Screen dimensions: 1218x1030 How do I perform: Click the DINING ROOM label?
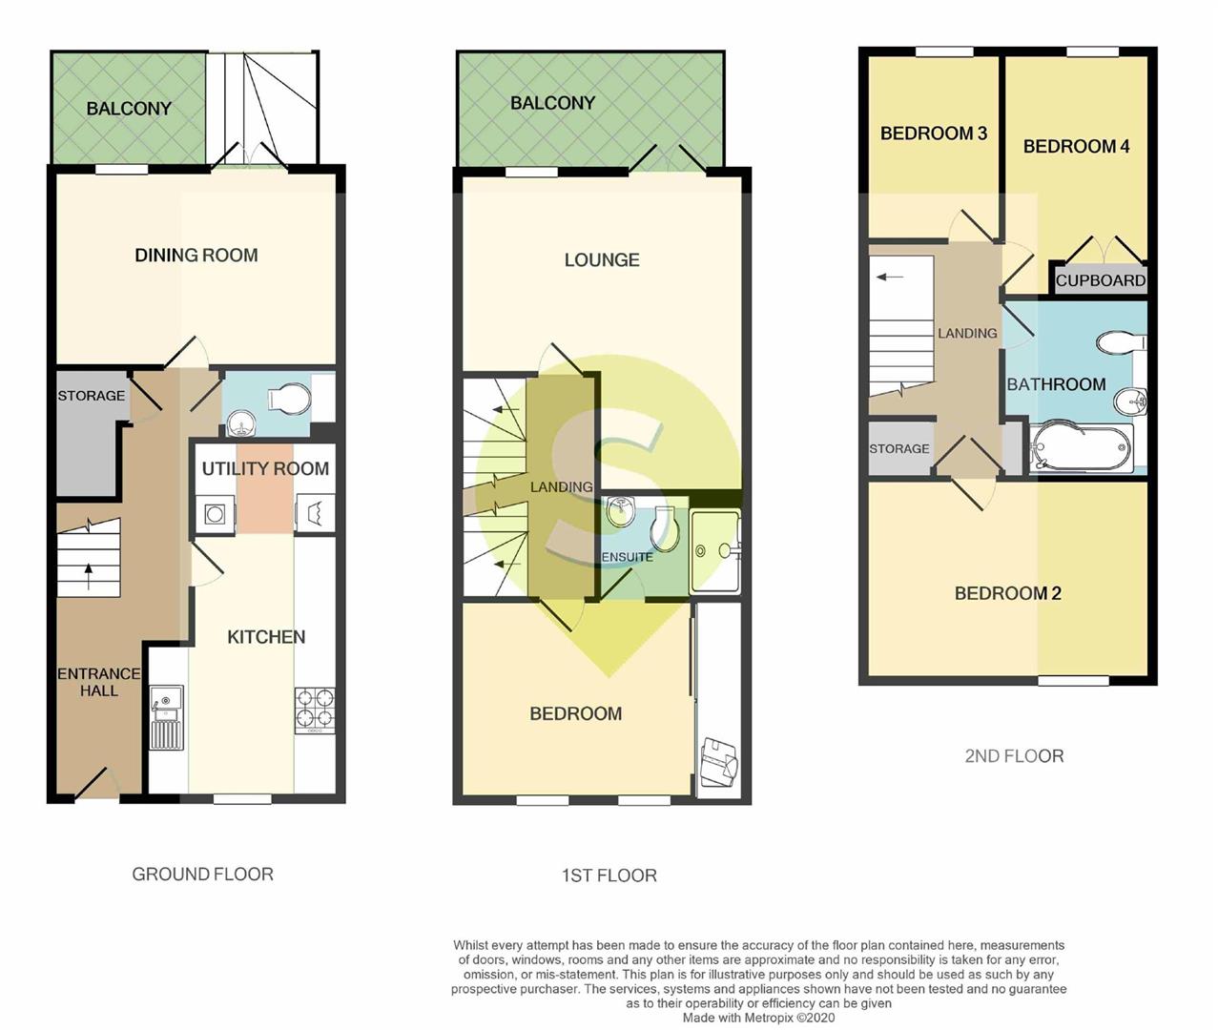pyautogui.click(x=196, y=256)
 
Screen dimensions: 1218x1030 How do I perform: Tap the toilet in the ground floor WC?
pyautogui.click(x=290, y=399)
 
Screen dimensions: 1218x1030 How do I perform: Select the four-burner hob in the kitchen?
pyautogui.click(x=315, y=711)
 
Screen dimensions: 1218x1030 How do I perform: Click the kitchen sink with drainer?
pyautogui.click(x=167, y=718)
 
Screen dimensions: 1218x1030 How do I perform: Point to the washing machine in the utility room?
pyautogui.click(x=215, y=514)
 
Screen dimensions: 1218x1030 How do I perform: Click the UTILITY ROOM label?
pyautogui.click(x=265, y=469)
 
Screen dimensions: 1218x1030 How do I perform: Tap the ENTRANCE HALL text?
pyautogui.click(x=98, y=682)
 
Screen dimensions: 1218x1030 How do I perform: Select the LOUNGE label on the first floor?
pyautogui.click(x=602, y=259)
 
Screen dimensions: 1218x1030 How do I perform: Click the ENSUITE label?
pyautogui.click(x=627, y=557)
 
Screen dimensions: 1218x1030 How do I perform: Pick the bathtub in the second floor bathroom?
pyautogui.click(x=1080, y=447)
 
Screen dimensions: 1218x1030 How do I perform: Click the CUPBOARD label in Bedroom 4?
pyautogui.click(x=1100, y=280)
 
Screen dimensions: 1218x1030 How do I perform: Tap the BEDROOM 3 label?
pyautogui.click(x=934, y=134)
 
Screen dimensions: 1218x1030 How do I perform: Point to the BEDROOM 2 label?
pyautogui.click(x=1007, y=593)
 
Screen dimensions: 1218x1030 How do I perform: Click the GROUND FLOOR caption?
pyautogui.click(x=203, y=874)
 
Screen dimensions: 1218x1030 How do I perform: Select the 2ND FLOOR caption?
pyautogui.click(x=1014, y=756)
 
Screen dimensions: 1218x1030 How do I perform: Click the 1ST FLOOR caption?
pyautogui.click(x=609, y=875)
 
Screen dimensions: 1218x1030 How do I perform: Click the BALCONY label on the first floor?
pyautogui.click(x=552, y=103)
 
